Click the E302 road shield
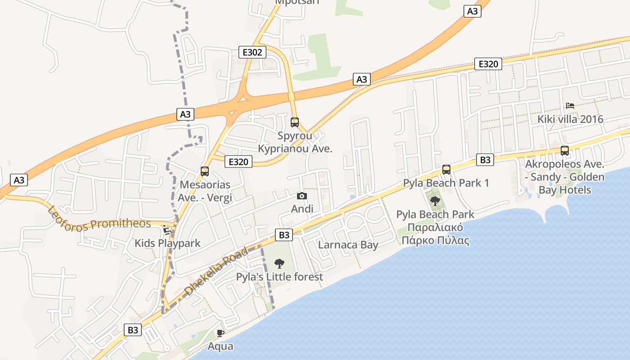(252, 52)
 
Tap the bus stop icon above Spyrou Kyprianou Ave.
(295, 122)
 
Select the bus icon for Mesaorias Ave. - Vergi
(205, 171)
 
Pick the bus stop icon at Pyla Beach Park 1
(446, 170)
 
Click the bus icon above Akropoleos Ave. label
(565, 151)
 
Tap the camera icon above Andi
(302, 196)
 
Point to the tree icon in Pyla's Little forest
(279, 263)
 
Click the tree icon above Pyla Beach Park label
(435, 201)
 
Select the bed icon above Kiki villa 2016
(570, 106)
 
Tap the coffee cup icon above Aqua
(220, 333)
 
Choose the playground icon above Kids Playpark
(167, 230)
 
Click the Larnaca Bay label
(348, 245)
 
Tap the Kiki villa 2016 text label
(570, 119)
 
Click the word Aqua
(220, 346)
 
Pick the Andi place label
(302, 209)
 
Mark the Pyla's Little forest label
(279, 277)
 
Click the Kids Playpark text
(167, 243)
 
